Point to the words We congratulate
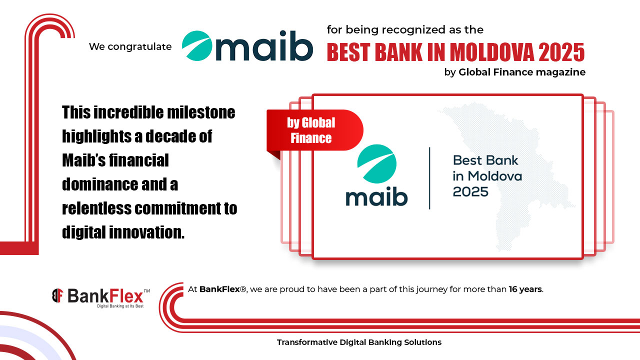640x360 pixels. click(x=130, y=47)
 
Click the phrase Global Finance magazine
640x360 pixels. click(x=521, y=72)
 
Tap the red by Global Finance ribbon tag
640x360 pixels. click(x=312, y=130)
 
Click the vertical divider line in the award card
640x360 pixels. click(x=429, y=177)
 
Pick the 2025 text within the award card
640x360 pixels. click(x=470, y=191)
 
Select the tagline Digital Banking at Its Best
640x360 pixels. click(x=120, y=306)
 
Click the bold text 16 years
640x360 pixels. click(x=525, y=289)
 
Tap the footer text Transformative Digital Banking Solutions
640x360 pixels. click(x=359, y=342)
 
